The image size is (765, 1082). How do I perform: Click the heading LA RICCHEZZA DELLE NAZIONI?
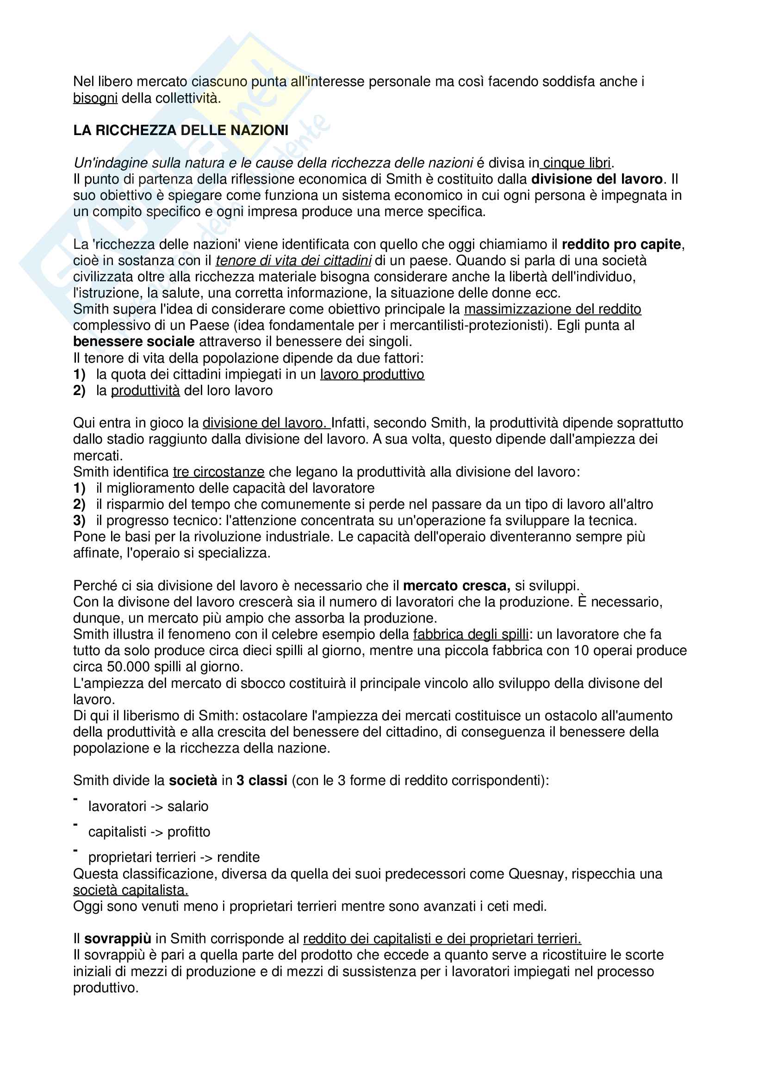click(x=180, y=130)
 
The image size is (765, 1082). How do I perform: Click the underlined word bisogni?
click(x=95, y=99)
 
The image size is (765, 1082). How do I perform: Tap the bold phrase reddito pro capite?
click(x=621, y=245)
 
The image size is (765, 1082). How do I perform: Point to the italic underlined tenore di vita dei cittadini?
click(x=293, y=260)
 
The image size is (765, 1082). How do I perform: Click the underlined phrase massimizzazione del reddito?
click(x=553, y=309)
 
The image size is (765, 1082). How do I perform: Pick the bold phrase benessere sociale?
click(x=134, y=342)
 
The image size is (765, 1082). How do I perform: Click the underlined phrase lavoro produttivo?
click(x=372, y=375)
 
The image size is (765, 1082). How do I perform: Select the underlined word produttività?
click(x=145, y=391)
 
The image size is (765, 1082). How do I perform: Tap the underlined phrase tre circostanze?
click(x=219, y=472)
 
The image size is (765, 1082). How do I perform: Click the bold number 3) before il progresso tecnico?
click(x=79, y=521)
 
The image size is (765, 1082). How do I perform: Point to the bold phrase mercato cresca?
click(x=456, y=586)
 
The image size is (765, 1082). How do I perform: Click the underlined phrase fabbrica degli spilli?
click(x=471, y=635)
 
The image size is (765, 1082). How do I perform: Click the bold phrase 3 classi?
click(x=261, y=781)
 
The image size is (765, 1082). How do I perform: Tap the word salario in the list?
click(x=187, y=807)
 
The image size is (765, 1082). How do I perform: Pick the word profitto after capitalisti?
click(x=188, y=832)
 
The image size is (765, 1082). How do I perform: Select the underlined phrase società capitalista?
click(x=131, y=890)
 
